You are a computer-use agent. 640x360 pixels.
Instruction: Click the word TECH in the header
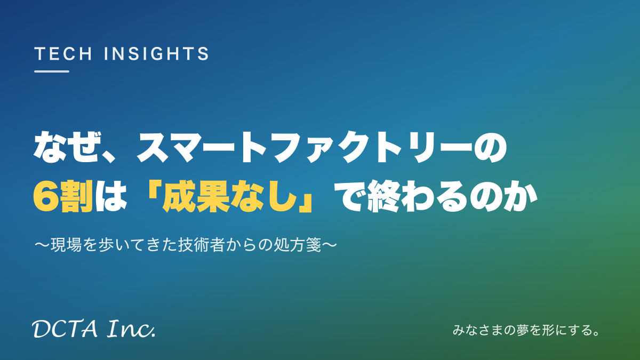coord(63,54)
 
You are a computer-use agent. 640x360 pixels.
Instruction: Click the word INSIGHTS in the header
coord(156,54)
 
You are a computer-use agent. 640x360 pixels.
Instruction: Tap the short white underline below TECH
coord(52,71)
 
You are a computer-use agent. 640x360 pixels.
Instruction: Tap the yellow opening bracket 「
coord(152,189)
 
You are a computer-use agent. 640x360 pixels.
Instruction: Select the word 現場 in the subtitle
coord(66,245)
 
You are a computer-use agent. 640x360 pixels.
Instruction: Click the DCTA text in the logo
coord(65,329)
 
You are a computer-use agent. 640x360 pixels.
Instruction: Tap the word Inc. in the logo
coord(131,329)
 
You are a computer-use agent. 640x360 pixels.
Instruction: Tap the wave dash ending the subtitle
coord(330,245)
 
